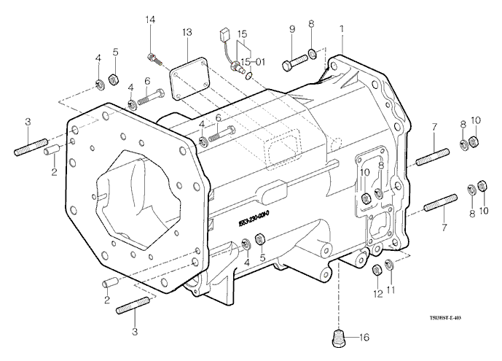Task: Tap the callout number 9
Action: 291,29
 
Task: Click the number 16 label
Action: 364,338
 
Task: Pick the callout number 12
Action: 377,293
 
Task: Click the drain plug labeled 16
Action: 337,338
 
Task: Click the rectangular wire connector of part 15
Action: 223,34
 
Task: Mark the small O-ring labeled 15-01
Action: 250,74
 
